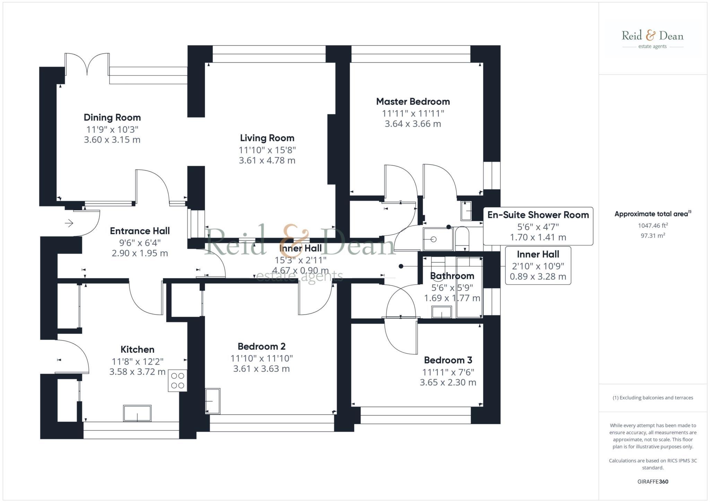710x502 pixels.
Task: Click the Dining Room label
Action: coord(112,118)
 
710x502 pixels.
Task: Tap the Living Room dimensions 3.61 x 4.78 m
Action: coord(267,161)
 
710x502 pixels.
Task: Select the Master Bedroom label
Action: coord(413,102)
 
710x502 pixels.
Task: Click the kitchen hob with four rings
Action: coord(177,381)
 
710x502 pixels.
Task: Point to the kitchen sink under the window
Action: coord(137,413)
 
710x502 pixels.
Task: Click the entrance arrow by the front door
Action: coord(69,223)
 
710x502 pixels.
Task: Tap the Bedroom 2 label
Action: coord(261,346)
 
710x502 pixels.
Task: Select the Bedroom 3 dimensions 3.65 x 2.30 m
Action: coord(448,382)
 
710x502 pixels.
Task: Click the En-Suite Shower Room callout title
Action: coord(538,215)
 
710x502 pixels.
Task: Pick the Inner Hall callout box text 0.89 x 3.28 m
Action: coord(538,277)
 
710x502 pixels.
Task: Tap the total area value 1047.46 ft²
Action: coord(652,226)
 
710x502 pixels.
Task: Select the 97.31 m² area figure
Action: coord(652,236)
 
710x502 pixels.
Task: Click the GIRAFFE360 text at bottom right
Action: coord(652,482)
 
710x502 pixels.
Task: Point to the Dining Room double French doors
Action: coord(87,63)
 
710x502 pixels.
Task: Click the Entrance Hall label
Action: coord(140,231)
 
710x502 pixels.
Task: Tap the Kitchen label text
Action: coord(137,349)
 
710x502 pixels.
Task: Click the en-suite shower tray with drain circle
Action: coord(438,239)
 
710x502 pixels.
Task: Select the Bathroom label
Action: coord(452,276)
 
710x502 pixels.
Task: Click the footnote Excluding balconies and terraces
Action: coord(652,398)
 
